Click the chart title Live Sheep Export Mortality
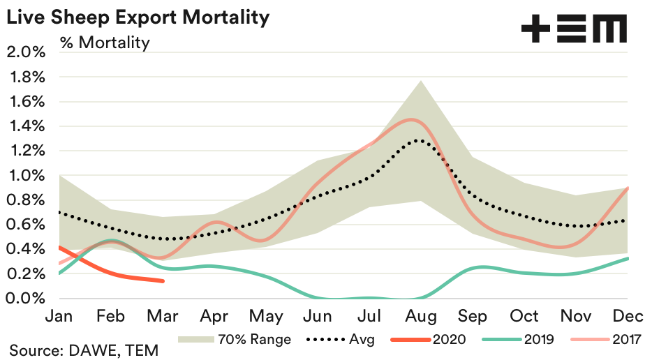tap(138, 17)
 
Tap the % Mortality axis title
tap(105, 43)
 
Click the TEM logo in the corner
tap(574, 30)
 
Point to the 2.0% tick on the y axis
tap(26, 52)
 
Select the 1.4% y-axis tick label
tap(26, 126)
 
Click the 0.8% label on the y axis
tap(26, 200)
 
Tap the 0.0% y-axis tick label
tap(26, 299)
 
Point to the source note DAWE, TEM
tap(84, 350)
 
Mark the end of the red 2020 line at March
tap(163, 281)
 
